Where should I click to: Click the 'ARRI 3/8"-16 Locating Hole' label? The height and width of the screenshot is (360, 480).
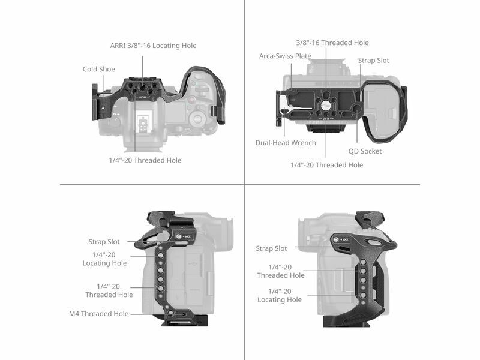[154, 46]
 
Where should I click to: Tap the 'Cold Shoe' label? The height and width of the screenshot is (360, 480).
[99, 69]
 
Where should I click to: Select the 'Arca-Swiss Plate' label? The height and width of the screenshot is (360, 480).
[285, 56]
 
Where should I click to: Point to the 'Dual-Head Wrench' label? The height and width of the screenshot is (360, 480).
[286, 143]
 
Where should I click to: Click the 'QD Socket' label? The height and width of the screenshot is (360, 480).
[365, 151]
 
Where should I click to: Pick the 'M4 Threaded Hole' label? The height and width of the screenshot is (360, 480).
[98, 314]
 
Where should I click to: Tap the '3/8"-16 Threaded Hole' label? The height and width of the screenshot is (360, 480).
[332, 43]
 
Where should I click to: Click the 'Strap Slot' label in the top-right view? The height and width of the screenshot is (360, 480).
[373, 61]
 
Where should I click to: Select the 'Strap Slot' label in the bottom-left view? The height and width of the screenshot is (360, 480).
[104, 242]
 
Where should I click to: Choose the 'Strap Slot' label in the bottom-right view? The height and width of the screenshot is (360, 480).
[272, 248]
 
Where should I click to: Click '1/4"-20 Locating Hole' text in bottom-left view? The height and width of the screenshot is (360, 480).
[104, 259]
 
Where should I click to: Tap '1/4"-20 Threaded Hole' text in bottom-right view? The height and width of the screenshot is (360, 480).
[281, 271]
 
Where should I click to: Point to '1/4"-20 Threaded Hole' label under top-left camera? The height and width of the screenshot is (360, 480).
[145, 160]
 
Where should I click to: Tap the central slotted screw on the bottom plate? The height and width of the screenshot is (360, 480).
[326, 106]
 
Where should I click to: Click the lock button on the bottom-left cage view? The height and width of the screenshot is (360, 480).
[179, 236]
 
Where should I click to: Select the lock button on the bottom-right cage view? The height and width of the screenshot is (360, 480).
[336, 239]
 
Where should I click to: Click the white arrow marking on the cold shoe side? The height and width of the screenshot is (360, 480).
[103, 108]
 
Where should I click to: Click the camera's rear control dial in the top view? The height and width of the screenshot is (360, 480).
[197, 118]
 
